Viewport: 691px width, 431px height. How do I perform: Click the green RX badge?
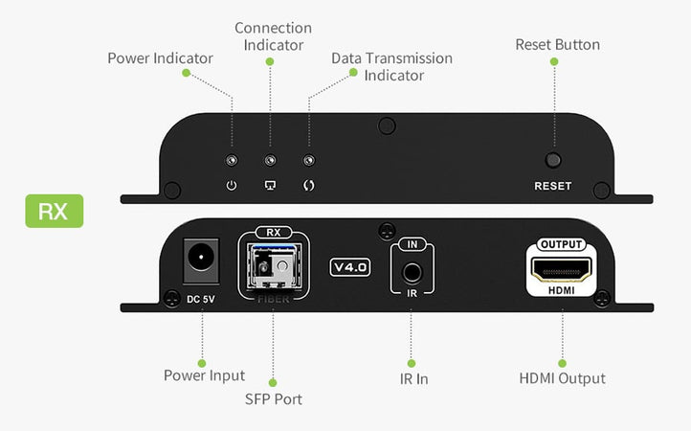(54, 211)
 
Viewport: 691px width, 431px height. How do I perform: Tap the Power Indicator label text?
(161, 58)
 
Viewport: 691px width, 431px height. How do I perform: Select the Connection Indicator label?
(273, 36)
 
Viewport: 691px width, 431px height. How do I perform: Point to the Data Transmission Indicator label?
(391, 66)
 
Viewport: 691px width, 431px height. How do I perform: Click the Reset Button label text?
(557, 44)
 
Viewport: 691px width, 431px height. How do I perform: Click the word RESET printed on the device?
(552, 186)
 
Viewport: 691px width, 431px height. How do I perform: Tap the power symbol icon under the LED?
(231, 185)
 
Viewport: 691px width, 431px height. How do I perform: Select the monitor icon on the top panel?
(270, 185)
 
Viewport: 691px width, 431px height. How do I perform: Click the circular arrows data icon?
(308, 185)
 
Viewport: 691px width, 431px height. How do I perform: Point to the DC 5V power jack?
(201, 259)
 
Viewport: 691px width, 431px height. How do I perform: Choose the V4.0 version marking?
(349, 267)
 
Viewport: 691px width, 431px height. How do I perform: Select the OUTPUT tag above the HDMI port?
(561, 244)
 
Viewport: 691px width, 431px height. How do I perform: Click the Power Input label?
(203, 375)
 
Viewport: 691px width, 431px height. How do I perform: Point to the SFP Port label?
(273, 398)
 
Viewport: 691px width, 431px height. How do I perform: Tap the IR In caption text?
(412, 378)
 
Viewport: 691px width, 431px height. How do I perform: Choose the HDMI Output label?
(562, 378)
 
